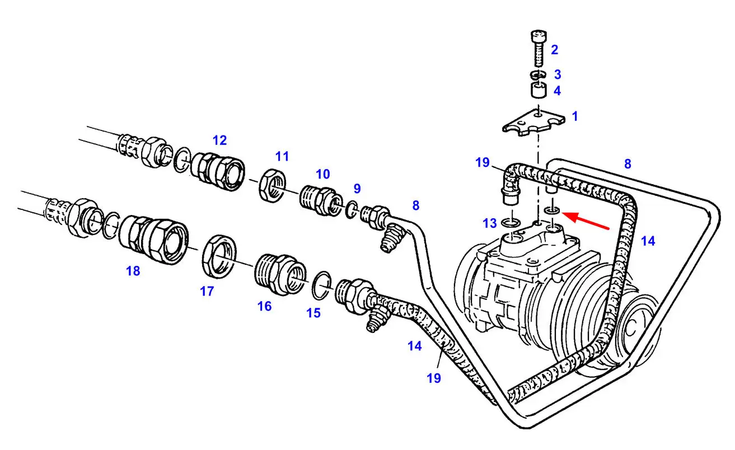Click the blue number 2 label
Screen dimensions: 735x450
554,50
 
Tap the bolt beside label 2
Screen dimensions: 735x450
539,49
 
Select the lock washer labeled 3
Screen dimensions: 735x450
538,75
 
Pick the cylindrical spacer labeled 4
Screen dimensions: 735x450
539,90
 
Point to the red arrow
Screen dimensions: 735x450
586,221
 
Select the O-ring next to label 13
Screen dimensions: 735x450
511,223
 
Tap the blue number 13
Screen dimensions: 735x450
490,223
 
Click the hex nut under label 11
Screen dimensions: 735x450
272,185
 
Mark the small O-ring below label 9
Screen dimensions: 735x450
352,210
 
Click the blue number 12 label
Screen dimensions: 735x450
219,140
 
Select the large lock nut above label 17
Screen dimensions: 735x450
219,256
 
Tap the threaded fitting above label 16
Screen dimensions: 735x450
280,274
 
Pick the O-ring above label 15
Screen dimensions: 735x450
321,285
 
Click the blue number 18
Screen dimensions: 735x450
133,271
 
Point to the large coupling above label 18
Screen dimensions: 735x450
153,240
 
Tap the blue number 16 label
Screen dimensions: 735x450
264,306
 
